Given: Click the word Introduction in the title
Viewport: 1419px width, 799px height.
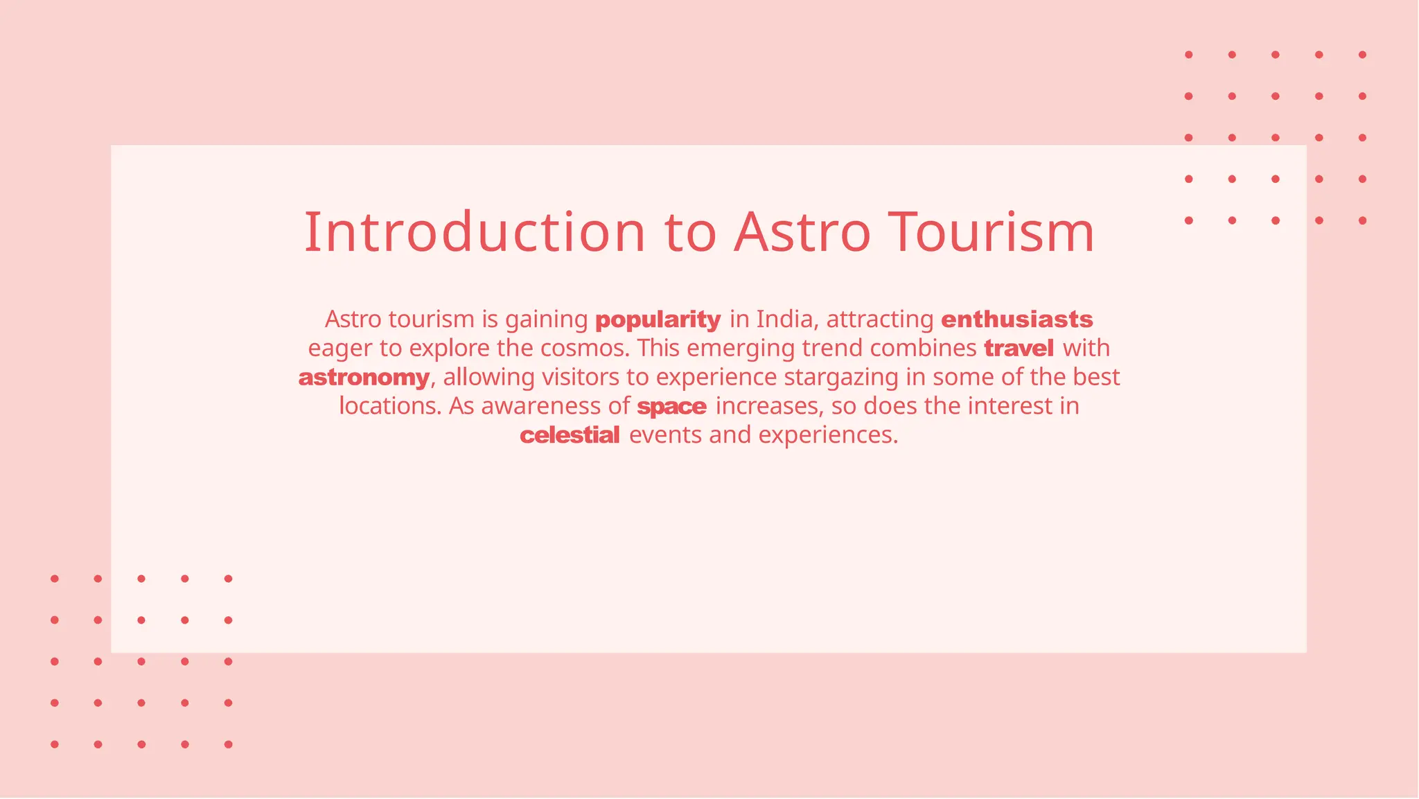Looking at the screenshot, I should coord(475,232).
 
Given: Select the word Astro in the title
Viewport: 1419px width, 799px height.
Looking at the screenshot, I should coord(802,232).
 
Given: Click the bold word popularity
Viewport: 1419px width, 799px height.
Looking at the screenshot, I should coord(658,320).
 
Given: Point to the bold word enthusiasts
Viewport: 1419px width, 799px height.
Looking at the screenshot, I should coord(1016,319).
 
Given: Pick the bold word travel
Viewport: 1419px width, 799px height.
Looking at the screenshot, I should coord(1019,348).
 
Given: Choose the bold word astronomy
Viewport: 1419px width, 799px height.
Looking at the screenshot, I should coord(364,378).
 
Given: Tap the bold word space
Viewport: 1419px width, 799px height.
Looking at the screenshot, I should coord(671,407).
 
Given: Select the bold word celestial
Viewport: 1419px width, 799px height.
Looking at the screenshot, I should coord(570,435).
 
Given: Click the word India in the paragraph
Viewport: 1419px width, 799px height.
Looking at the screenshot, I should coord(784,319).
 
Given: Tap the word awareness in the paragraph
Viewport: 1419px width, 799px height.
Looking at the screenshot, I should coord(541,406).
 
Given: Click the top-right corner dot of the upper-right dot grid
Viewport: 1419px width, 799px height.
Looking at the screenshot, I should coord(1362,55).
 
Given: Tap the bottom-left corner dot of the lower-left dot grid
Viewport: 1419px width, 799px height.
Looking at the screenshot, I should coord(55,744).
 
